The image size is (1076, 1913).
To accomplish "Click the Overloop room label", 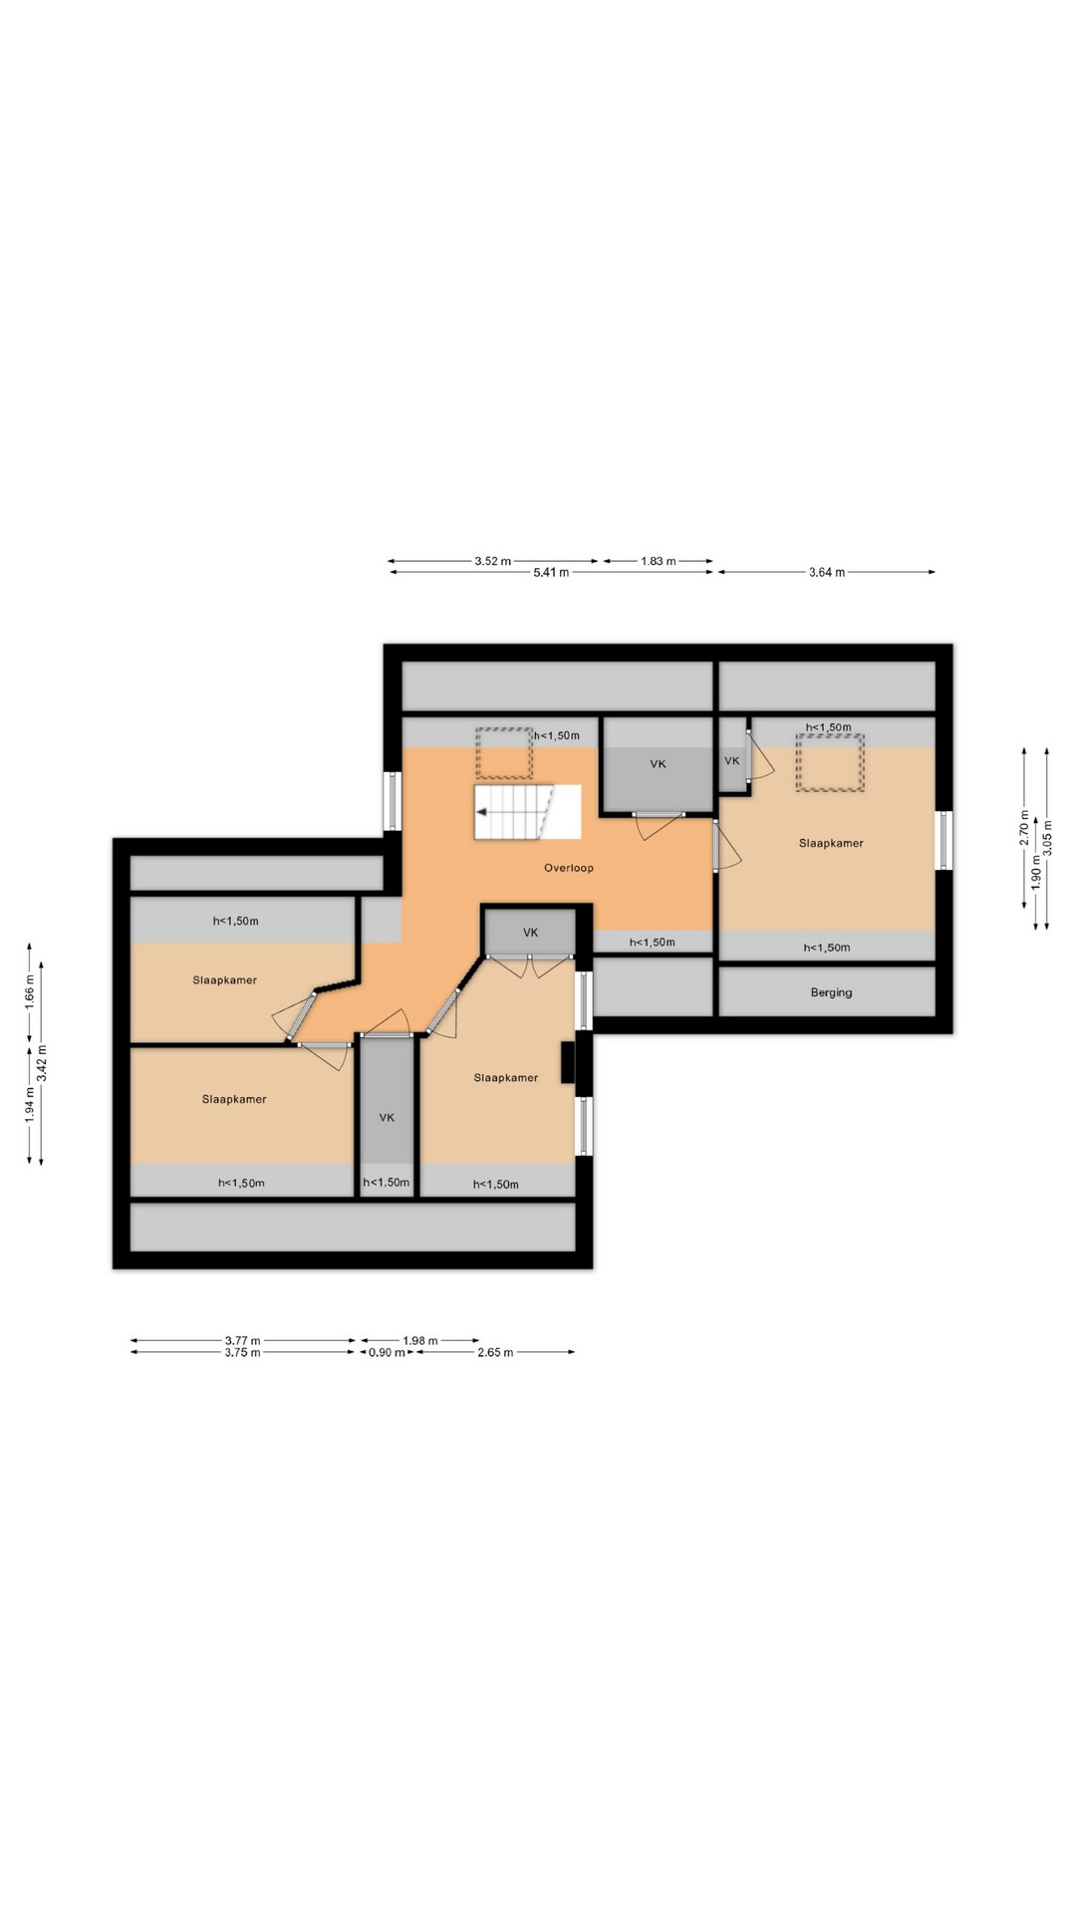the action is click(x=569, y=868).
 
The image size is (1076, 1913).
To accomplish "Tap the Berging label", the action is click(x=831, y=992).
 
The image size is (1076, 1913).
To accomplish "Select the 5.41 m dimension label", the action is click(x=551, y=573).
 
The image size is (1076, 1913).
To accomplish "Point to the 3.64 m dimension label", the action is click(x=826, y=573).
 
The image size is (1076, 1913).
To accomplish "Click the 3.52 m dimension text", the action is click(x=492, y=561).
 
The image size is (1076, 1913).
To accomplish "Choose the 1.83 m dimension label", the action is click(x=658, y=561).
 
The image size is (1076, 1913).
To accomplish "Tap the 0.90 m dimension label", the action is click(x=387, y=1353).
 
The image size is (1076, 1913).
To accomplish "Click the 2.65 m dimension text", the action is click(x=495, y=1353).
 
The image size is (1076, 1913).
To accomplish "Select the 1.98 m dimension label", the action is click(x=419, y=1341).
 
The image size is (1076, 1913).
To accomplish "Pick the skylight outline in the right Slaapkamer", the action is click(x=830, y=763).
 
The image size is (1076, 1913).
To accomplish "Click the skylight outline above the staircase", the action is click(x=505, y=754).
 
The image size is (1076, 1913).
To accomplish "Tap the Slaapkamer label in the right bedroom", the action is click(x=831, y=843).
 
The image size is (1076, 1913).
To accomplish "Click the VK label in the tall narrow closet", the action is click(x=387, y=1118).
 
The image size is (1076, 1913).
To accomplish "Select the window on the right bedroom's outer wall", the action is click(x=944, y=841).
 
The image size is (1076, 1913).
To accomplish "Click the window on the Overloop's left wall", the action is click(x=393, y=802).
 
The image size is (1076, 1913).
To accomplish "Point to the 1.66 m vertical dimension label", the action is click(x=29, y=992).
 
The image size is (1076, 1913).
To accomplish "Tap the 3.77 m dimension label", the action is click(x=243, y=1341).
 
